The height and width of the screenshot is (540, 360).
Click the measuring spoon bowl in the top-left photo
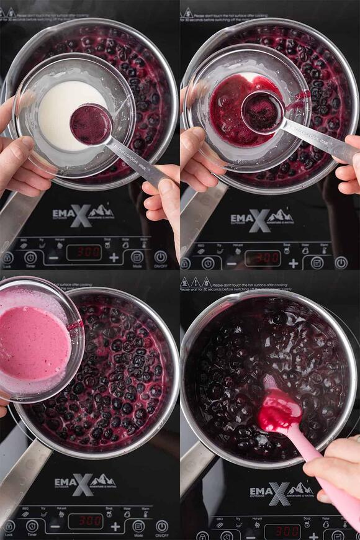(x=91, y=124)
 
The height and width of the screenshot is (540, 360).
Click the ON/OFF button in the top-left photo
(x=161, y=256)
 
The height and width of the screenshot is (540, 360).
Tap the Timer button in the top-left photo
(x=30, y=257)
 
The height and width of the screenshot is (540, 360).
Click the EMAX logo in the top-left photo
(x=83, y=215)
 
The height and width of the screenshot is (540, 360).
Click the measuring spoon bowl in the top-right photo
(x=262, y=111)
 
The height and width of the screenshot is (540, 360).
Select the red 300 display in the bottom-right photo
(x=282, y=531)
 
